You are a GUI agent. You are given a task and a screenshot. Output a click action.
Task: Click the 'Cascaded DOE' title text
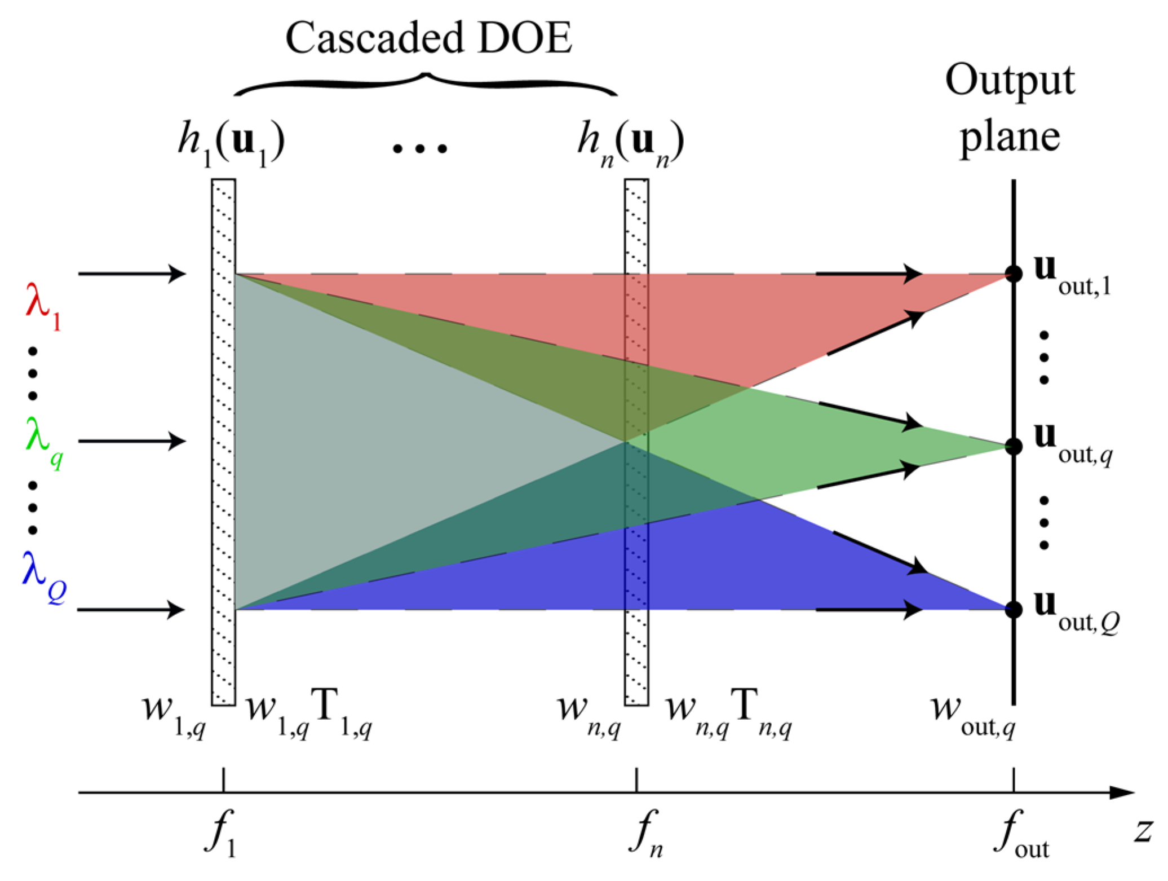(x=428, y=38)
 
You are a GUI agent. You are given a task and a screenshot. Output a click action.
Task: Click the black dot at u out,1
(x=1014, y=275)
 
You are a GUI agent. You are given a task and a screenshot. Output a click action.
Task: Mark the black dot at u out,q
(x=1014, y=447)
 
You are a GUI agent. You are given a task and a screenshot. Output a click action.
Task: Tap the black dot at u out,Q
(x=1014, y=609)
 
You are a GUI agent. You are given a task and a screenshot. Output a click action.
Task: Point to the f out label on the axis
(x=1020, y=833)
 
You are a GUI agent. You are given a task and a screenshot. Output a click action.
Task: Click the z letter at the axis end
(x=1143, y=831)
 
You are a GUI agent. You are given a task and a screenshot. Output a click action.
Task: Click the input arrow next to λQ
(x=131, y=609)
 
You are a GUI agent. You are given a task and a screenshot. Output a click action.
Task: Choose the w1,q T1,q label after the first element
(x=309, y=712)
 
